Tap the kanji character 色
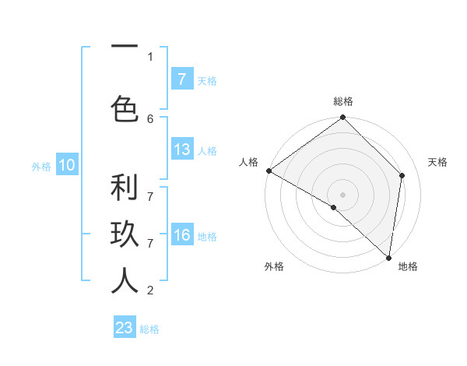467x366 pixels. click(x=125, y=110)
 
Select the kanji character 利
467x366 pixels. click(x=125, y=188)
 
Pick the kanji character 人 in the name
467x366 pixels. click(x=125, y=281)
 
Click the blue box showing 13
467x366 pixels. click(x=181, y=150)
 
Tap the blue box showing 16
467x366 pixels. click(x=181, y=235)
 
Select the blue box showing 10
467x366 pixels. click(x=66, y=165)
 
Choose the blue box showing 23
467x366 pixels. click(x=125, y=328)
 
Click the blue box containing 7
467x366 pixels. click(x=181, y=79)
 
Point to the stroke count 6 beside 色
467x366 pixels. click(x=150, y=118)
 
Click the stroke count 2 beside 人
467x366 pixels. click(x=150, y=290)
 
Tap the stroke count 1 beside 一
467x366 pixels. click(x=150, y=56)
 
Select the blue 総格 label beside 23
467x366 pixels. click(x=149, y=329)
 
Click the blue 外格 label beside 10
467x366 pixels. click(x=41, y=166)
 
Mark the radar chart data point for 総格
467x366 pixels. click(x=342, y=118)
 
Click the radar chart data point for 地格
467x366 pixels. click(x=388, y=257)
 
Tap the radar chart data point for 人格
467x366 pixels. click(x=269, y=171)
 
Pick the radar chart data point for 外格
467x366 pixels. click(x=333, y=207)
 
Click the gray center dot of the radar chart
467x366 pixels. click(x=342, y=194)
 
